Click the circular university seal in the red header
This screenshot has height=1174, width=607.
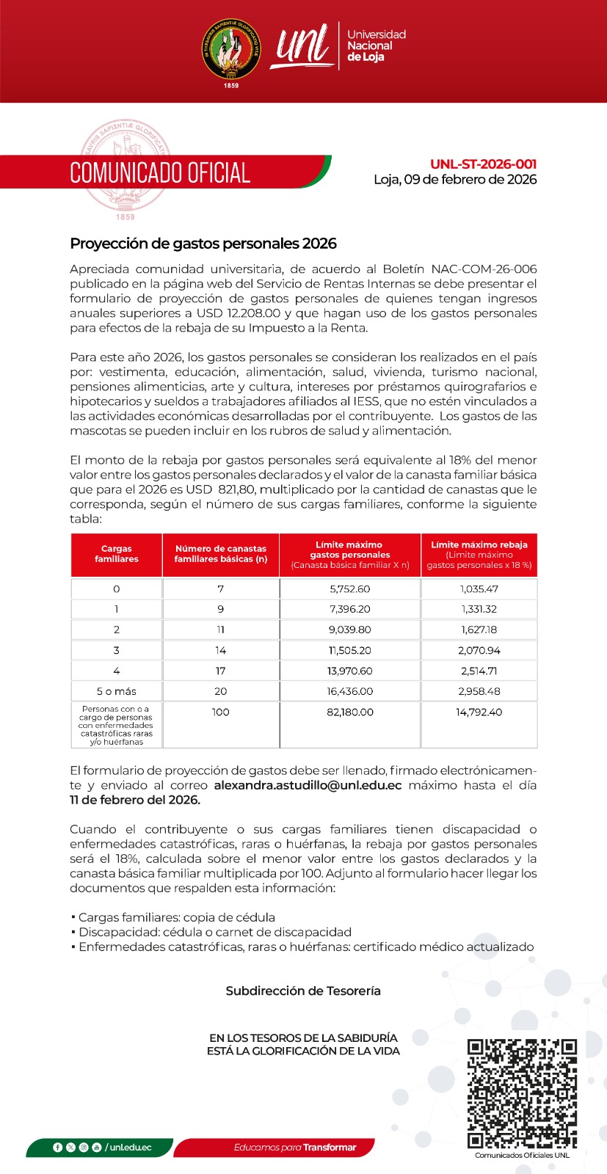pos(231,50)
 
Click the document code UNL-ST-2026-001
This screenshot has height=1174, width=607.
pos(483,164)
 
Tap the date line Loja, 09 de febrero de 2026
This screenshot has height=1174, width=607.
pos(455,180)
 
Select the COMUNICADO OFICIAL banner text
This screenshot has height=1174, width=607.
pos(160,173)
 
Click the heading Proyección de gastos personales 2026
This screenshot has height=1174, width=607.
pos(203,244)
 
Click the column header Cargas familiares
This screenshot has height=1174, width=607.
pos(117,554)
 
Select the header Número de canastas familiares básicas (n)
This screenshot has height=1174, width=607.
pos(220,554)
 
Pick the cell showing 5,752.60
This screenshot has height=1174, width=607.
pos(350,589)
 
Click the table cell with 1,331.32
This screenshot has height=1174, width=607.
pos(479,609)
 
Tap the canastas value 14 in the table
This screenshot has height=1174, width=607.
pos(220,650)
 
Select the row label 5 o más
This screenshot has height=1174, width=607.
pos(117,691)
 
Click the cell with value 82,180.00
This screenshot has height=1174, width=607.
pos(350,712)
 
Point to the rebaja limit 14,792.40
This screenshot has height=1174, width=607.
pos(479,712)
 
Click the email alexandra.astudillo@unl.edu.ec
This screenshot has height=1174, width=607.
pos(308,786)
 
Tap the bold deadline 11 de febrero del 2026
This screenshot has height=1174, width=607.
pos(135,801)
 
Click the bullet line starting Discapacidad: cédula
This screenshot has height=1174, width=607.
pos(213,933)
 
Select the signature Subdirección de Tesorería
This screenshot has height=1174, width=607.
pos(303,991)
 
